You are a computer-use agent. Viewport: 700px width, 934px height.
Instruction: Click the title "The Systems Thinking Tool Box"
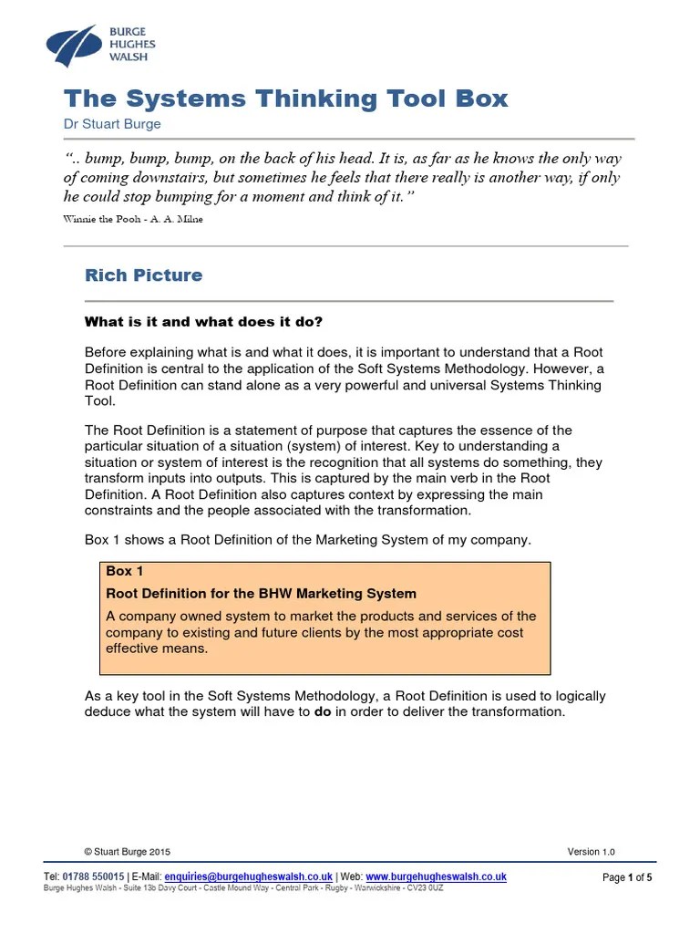(284, 99)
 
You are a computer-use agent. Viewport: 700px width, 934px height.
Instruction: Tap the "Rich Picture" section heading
(143, 275)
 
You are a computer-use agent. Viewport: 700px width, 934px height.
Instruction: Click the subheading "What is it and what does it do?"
(203, 321)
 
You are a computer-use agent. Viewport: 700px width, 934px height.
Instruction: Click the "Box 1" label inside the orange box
(125, 571)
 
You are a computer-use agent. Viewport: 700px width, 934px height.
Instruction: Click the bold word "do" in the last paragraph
(323, 711)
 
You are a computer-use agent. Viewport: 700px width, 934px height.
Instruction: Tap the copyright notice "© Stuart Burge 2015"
(127, 852)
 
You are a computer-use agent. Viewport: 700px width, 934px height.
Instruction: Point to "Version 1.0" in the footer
(591, 852)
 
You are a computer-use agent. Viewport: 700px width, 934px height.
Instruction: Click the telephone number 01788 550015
(92, 877)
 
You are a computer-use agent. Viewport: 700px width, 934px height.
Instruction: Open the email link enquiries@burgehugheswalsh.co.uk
(248, 877)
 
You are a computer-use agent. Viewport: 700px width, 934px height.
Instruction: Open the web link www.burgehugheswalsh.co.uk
(436, 877)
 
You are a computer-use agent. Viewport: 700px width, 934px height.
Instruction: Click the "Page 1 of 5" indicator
(627, 877)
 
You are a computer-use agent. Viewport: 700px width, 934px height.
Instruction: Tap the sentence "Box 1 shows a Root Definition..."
(307, 539)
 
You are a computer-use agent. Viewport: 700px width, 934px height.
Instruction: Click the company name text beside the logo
(132, 43)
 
